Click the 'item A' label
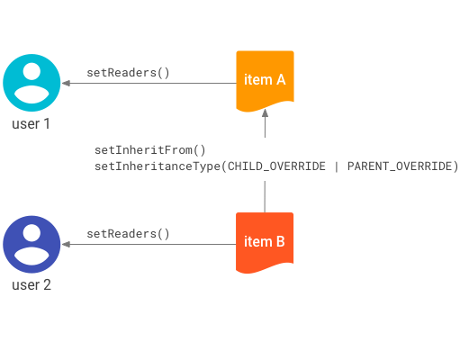(265, 80)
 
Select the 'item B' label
(265, 241)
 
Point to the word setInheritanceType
(157, 166)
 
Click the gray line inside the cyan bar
(149, 84)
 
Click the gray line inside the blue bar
(149, 245)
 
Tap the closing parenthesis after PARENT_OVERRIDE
(455, 166)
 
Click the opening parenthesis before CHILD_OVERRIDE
(224, 166)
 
